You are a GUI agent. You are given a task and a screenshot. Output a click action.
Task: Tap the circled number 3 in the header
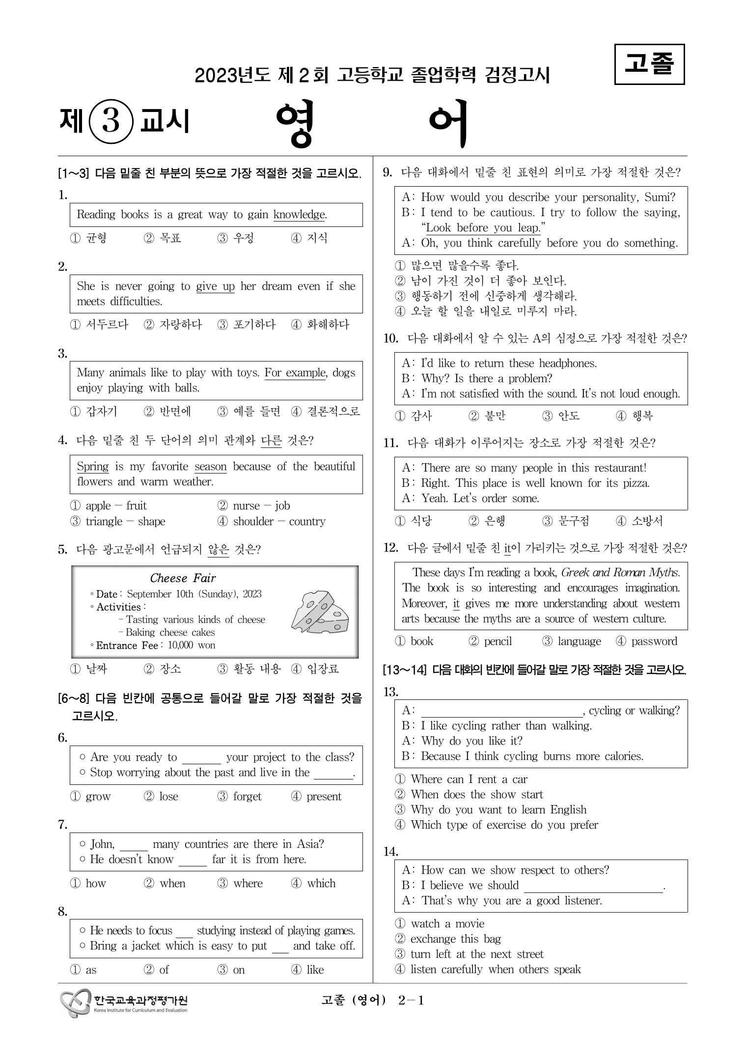pyautogui.click(x=111, y=121)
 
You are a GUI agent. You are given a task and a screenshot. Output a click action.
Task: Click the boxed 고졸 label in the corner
pyautogui.click(x=649, y=64)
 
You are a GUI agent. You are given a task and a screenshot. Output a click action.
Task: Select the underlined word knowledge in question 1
pyautogui.click(x=300, y=215)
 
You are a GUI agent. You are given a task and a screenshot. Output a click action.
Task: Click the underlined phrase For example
pyautogui.click(x=295, y=373)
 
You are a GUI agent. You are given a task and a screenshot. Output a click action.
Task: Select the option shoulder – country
pyautogui.click(x=278, y=521)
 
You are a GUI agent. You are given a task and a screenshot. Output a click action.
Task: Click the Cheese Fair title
pyautogui.click(x=183, y=578)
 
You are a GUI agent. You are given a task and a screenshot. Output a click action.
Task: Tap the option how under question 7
pyautogui.click(x=95, y=883)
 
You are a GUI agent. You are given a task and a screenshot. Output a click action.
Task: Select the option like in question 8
pyautogui.click(x=315, y=970)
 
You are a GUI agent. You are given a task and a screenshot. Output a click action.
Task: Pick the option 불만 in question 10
pyautogui.click(x=495, y=416)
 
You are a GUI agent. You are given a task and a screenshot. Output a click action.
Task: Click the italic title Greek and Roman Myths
pyautogui.click(x=620, y=572)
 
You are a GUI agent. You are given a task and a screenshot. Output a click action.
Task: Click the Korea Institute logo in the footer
pyautogui.click(x=124, y=1003)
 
